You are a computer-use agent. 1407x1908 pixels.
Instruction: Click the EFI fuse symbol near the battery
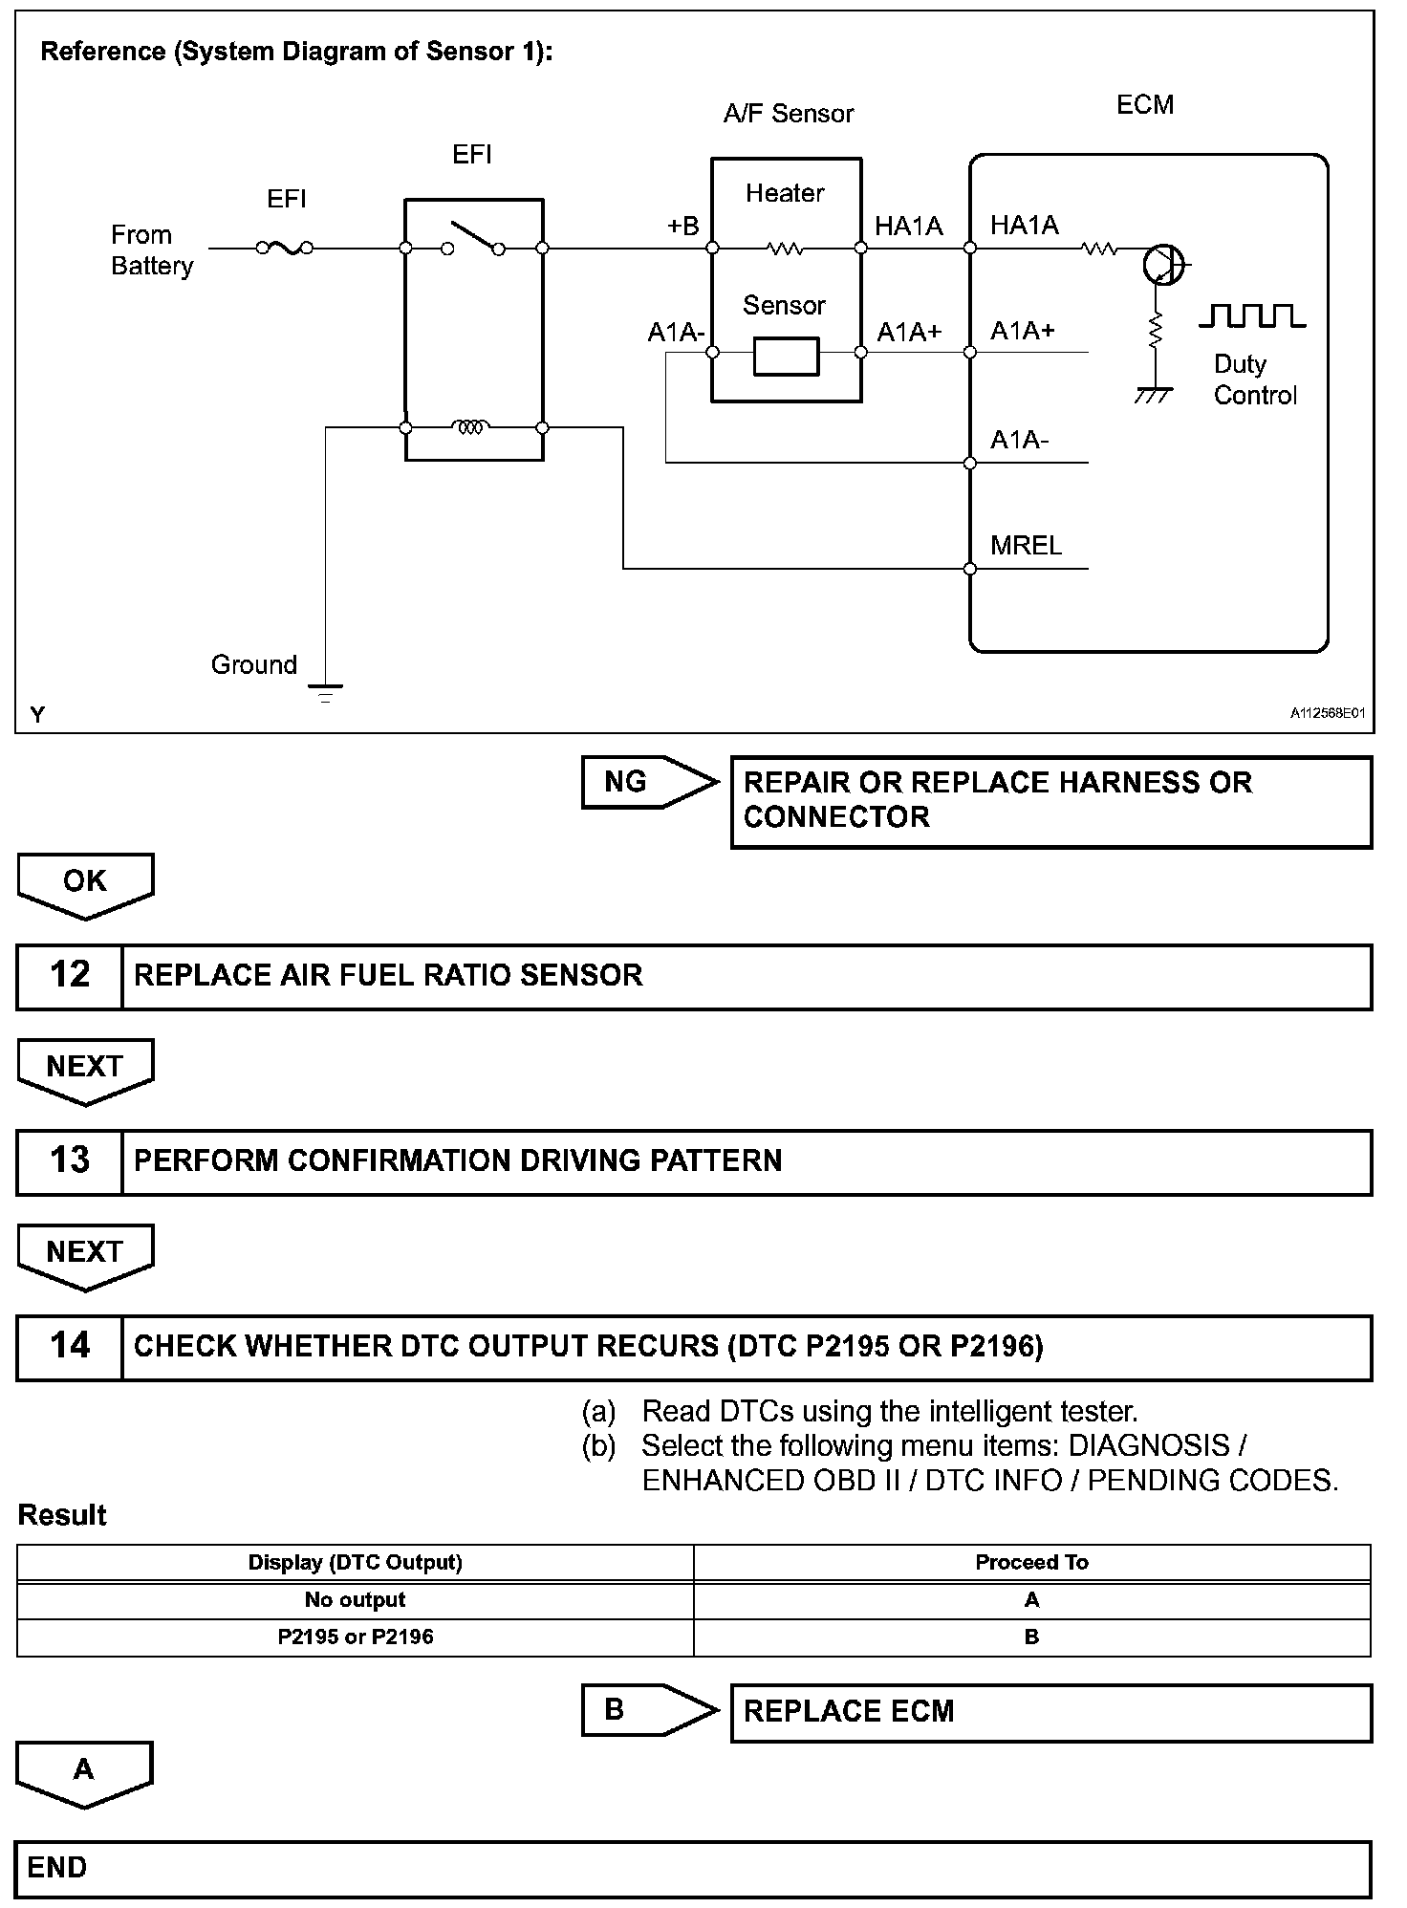[x=285, y=249]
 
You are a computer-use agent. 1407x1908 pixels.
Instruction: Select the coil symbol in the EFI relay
[x=472, y=427]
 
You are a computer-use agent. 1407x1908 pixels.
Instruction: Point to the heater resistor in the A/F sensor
[x=785, y=249]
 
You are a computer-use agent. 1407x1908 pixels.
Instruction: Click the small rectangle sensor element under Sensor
[x=786, y=356]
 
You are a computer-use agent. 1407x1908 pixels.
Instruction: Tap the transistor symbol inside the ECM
[x=1163, y=265]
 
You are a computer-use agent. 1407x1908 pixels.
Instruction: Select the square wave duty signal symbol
[x=1252, y=316]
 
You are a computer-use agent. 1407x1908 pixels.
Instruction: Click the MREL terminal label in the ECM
[x=1026, y=546]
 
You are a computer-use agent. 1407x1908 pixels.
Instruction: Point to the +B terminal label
[x=682, y=227]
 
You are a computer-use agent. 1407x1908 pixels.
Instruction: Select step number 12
[x=70, y=975]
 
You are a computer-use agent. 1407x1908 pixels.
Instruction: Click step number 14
[x=70, y=1346]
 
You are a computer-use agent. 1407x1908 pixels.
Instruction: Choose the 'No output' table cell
[x=355, y=1599]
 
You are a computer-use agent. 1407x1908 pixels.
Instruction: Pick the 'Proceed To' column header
[x=1031, y=1562]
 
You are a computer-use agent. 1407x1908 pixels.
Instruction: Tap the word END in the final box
[x=57, y=1867]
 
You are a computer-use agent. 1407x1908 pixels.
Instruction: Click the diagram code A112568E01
[x=1327, y=713]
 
